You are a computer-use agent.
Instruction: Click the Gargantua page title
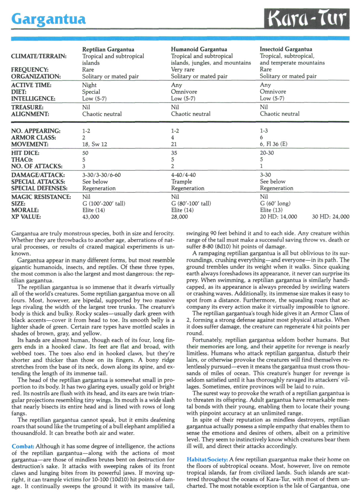pyautogui.click(x=48, y=19)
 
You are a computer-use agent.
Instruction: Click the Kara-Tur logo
pyautogui.click(x=307, y=19)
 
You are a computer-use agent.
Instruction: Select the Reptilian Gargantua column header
pyautogui.click(x=108, y=49)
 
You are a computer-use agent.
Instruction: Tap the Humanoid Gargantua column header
pyautogui.click(x=199, y=49)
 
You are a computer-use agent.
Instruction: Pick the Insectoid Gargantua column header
pyautogui.click(x=286, y=49)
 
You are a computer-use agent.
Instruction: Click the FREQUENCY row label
pyautogui.click(x=30, y=70)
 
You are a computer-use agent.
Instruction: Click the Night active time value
pyautogui.click(x=89, y=85)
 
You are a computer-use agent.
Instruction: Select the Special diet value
pyautogui.click(x=91, y=92)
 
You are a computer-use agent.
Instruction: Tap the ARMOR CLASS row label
pyautogui.click(x=34, y=138)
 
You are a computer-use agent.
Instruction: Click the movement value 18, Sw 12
pyautogui.click(x=95, y=144)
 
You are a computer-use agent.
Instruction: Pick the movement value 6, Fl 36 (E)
pyautogui.click(x=274, y=144)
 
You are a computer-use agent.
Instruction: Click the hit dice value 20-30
pyautogui.click(x=267, y=153)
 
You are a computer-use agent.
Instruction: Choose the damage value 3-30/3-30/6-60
pyautogui.click(x=101, y=175)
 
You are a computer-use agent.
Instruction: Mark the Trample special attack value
pyautogui.click(x=181, y=182)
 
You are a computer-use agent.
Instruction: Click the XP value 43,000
pyautogui.click(x=91, y=217)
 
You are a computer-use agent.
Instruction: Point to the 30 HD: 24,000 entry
pyautogui.click(x=330, y=217)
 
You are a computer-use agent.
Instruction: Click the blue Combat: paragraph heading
pyautogui.click(x=23, y=446)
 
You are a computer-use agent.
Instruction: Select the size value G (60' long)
pyautogui.click(x=275, y=204)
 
